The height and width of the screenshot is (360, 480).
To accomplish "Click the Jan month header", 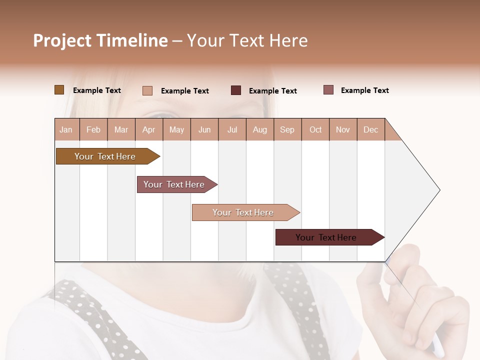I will [x=66, y=129].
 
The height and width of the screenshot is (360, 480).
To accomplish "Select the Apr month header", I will [x=149, y=129].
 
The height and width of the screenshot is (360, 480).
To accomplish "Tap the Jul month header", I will [x=232, y=129].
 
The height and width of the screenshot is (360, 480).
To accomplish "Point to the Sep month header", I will [x=287, y=129].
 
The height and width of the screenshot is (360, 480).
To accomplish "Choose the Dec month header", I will [x=370, y=129].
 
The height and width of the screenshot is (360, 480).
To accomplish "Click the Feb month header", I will [x=93, y=129].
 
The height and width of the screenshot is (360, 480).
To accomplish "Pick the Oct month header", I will [x=315, y=129].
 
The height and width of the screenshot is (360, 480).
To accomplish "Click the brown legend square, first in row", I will [x=59, y=90].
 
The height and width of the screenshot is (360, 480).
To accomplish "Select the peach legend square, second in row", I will [x=147, y=90].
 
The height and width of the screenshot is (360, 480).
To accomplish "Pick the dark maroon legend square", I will [x=236, y=90].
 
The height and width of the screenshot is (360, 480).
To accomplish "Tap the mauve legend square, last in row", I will [x=328, y=90].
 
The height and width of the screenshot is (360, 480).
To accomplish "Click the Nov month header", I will [x=343, y=129].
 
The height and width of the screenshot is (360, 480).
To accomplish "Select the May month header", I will [x=176, y=129].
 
